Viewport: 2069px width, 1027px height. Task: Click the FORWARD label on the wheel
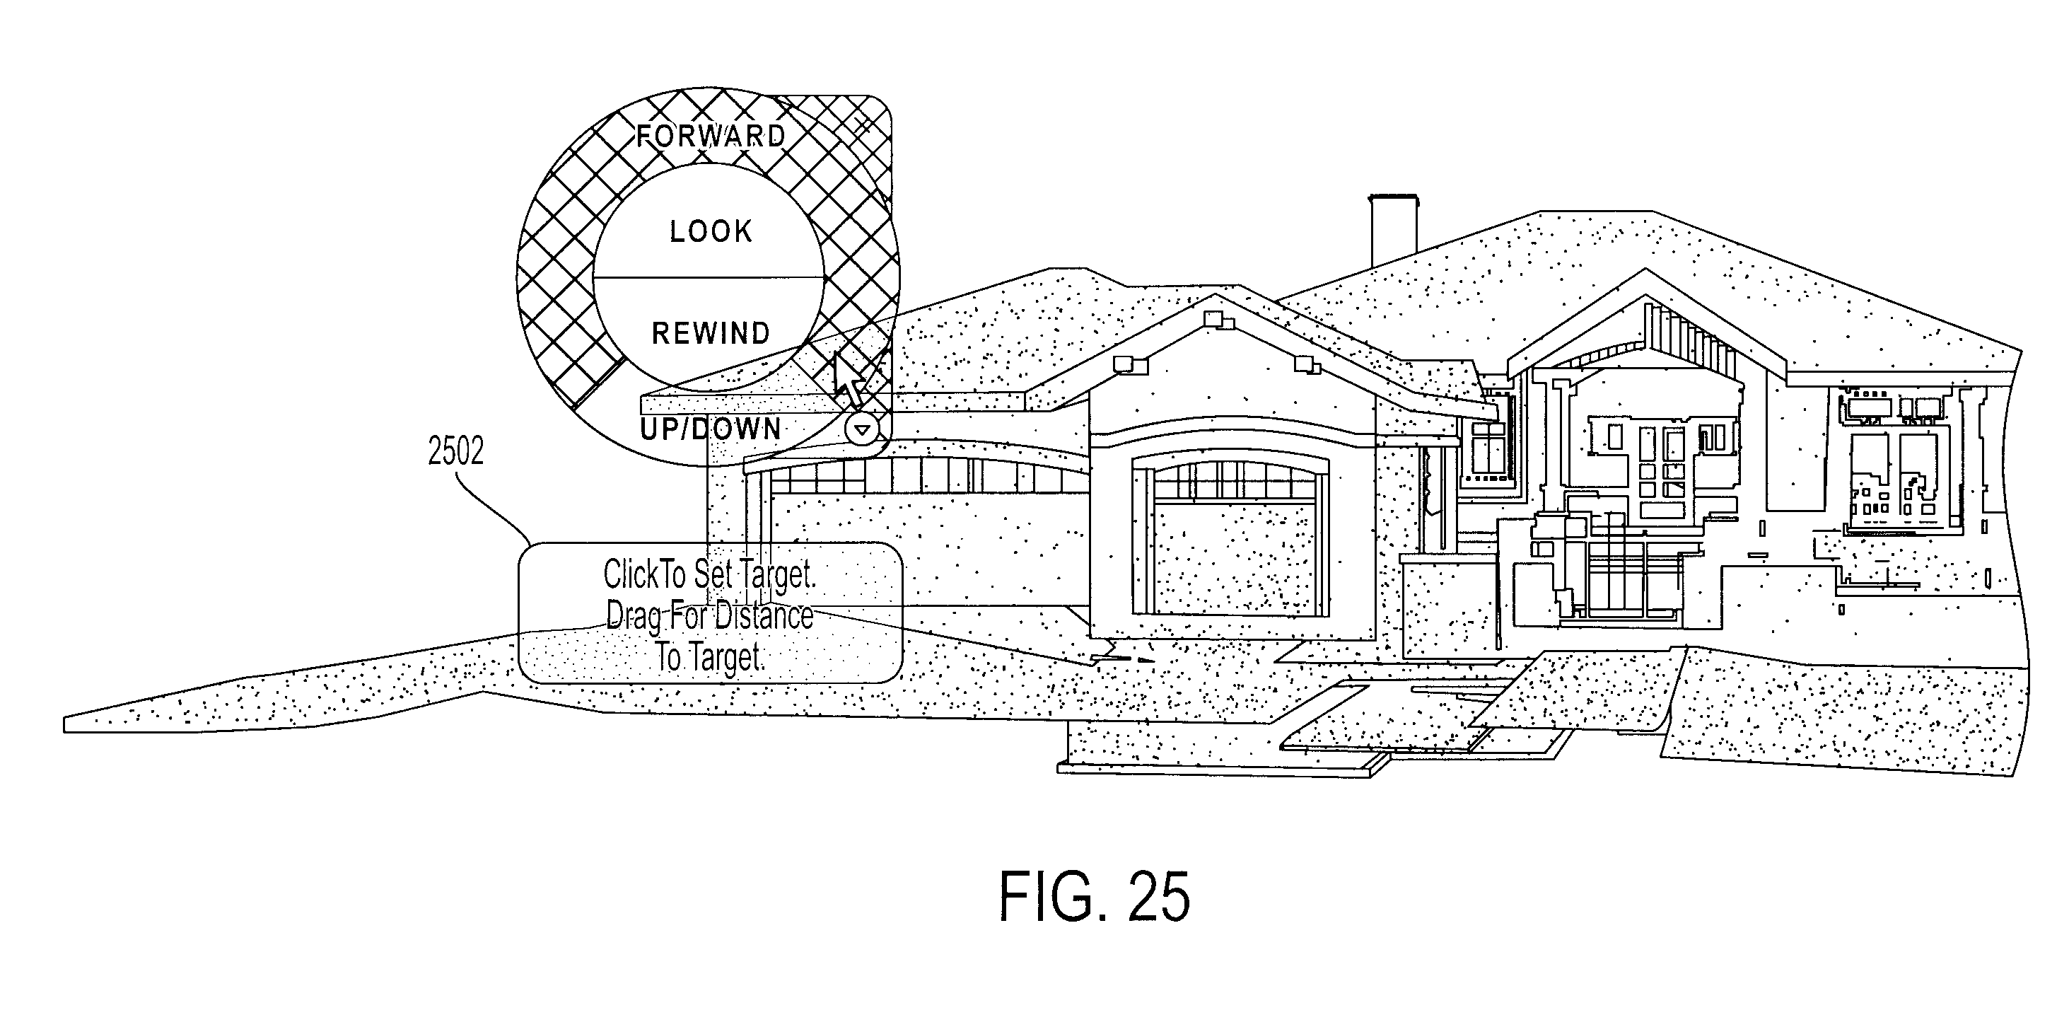click(x=711, y=136)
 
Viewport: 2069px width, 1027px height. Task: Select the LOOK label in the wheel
click(x=711, y=231)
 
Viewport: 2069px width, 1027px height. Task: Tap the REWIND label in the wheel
click(x=711, y=332)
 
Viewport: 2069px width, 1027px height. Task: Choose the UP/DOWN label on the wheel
click(x=711, y=429)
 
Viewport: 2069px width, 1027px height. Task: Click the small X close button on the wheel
click(x=863, y=124)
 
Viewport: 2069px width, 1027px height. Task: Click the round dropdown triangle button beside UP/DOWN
click(x=862, y=430)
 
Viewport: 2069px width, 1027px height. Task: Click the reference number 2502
click(x=455, y=453)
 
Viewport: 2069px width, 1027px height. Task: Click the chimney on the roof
click(x=1394, y=229)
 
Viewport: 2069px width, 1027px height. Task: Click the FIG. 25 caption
click(x=1094, y=897)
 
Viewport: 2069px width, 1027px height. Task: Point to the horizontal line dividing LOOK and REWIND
click(x=709, y=278)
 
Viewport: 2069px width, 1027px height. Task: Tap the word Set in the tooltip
click(x=713, y=574)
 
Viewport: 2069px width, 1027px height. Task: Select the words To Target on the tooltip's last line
click(x=710, y=657)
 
